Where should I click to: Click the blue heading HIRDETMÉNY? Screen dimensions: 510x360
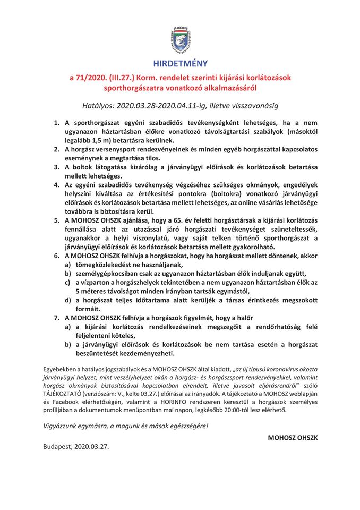pyautogui.click(x=180, y=63)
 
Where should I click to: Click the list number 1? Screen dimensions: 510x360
pyautogui.click(x=57, y=123)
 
